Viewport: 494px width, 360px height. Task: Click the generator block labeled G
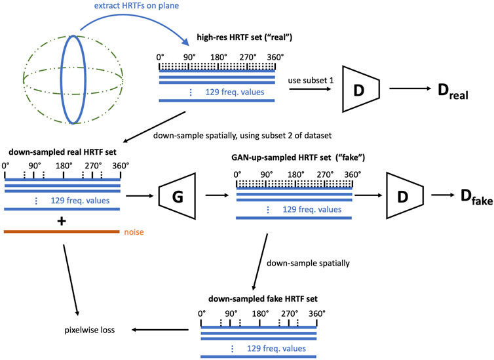point(179,195)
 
